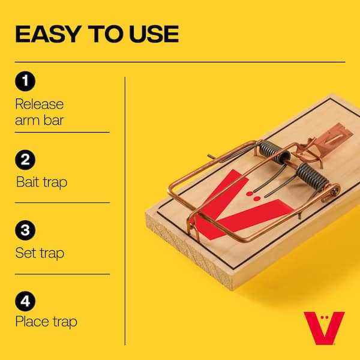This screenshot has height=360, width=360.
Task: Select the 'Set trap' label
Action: [x=40, y=253]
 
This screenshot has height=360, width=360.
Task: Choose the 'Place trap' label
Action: [x=46, y=322]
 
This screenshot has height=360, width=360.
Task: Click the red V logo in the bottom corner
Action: [x=323, y=328]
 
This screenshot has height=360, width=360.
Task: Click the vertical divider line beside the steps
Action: [x=125, y=210]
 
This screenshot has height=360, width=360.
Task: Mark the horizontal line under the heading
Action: [x=180, y=62]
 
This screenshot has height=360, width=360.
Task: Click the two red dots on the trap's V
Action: [x=256, y=195]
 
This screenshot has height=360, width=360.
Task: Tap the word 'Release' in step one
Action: [x=40, y=103]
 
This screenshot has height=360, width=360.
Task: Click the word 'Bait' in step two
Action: [x=28, y=182]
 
